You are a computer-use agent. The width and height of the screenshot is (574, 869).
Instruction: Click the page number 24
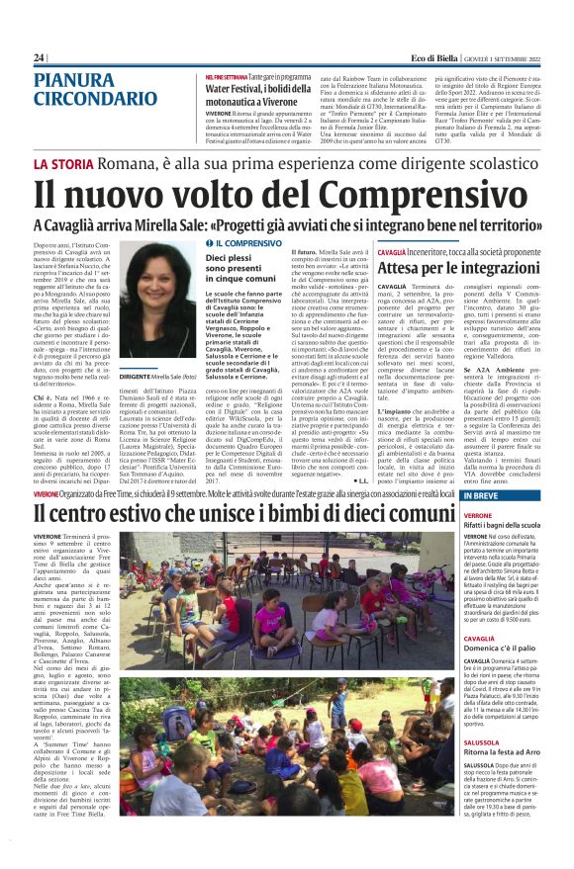(39, 59)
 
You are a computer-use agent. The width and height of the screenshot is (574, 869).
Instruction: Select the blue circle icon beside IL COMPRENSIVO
(209, 242)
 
